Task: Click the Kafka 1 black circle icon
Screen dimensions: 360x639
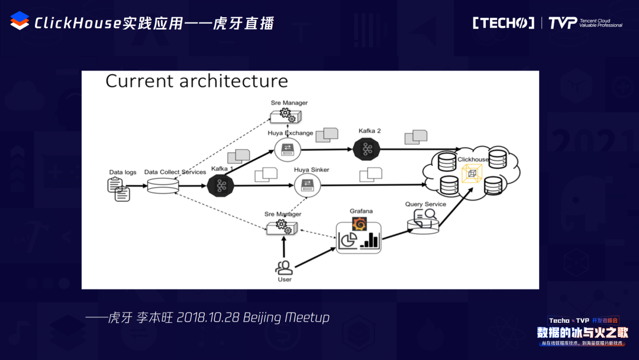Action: (x=222, y=185)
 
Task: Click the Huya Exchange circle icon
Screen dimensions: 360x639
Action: (x=288, y=149)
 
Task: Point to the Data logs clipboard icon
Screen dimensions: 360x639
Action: (x=118, y=188)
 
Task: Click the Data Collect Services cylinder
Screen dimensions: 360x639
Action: (x=162, y=185)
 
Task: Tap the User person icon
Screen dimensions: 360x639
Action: (x=285, y=267)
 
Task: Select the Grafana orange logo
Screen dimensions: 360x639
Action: (x=358, y=224)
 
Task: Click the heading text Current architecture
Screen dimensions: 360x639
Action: (x=196, y=81)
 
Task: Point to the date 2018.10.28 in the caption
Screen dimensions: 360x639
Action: (x=208, y=317)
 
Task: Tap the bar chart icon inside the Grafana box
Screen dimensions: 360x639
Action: (x=371, y=239)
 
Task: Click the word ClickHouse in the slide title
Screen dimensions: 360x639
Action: (x=78, y=23)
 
